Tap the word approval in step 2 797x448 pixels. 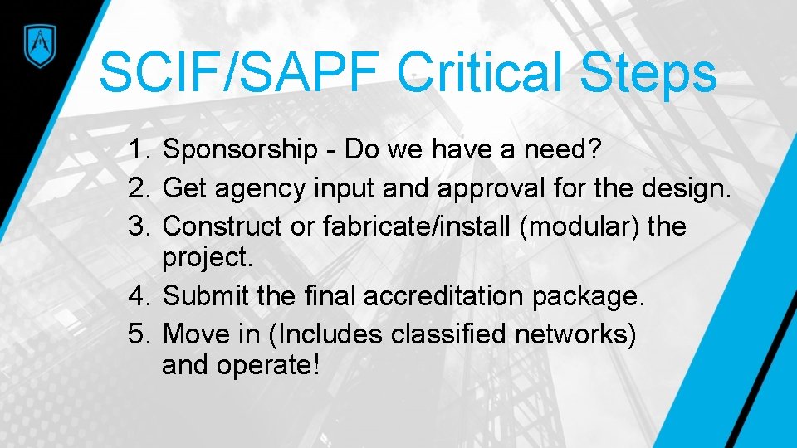(x=478, y=189)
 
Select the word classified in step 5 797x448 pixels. (x=449, y=334)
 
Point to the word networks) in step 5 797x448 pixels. (x=576, y=334)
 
